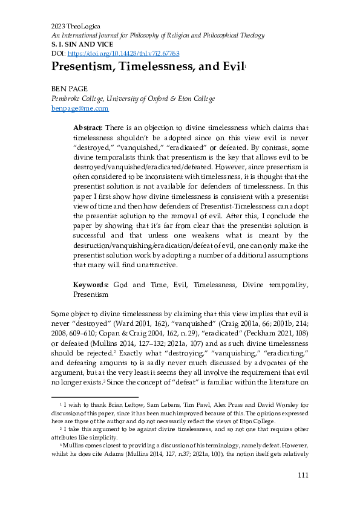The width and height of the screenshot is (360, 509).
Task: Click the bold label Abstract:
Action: click(88, 128)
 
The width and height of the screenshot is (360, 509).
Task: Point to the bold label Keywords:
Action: click(91, 284)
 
